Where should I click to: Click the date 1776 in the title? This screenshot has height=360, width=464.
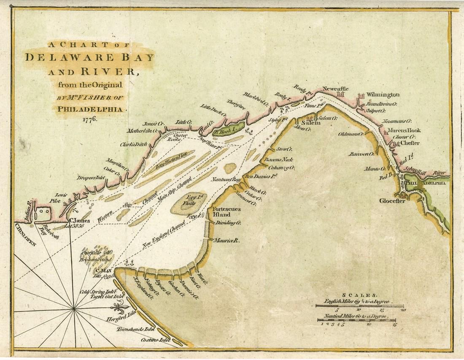[x=89, y=119]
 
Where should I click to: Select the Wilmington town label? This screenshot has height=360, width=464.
[x=383, y=94]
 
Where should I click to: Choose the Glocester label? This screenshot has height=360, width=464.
[x=391, y=201]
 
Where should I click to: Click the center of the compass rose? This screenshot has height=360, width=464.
[x=75, y=309]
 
